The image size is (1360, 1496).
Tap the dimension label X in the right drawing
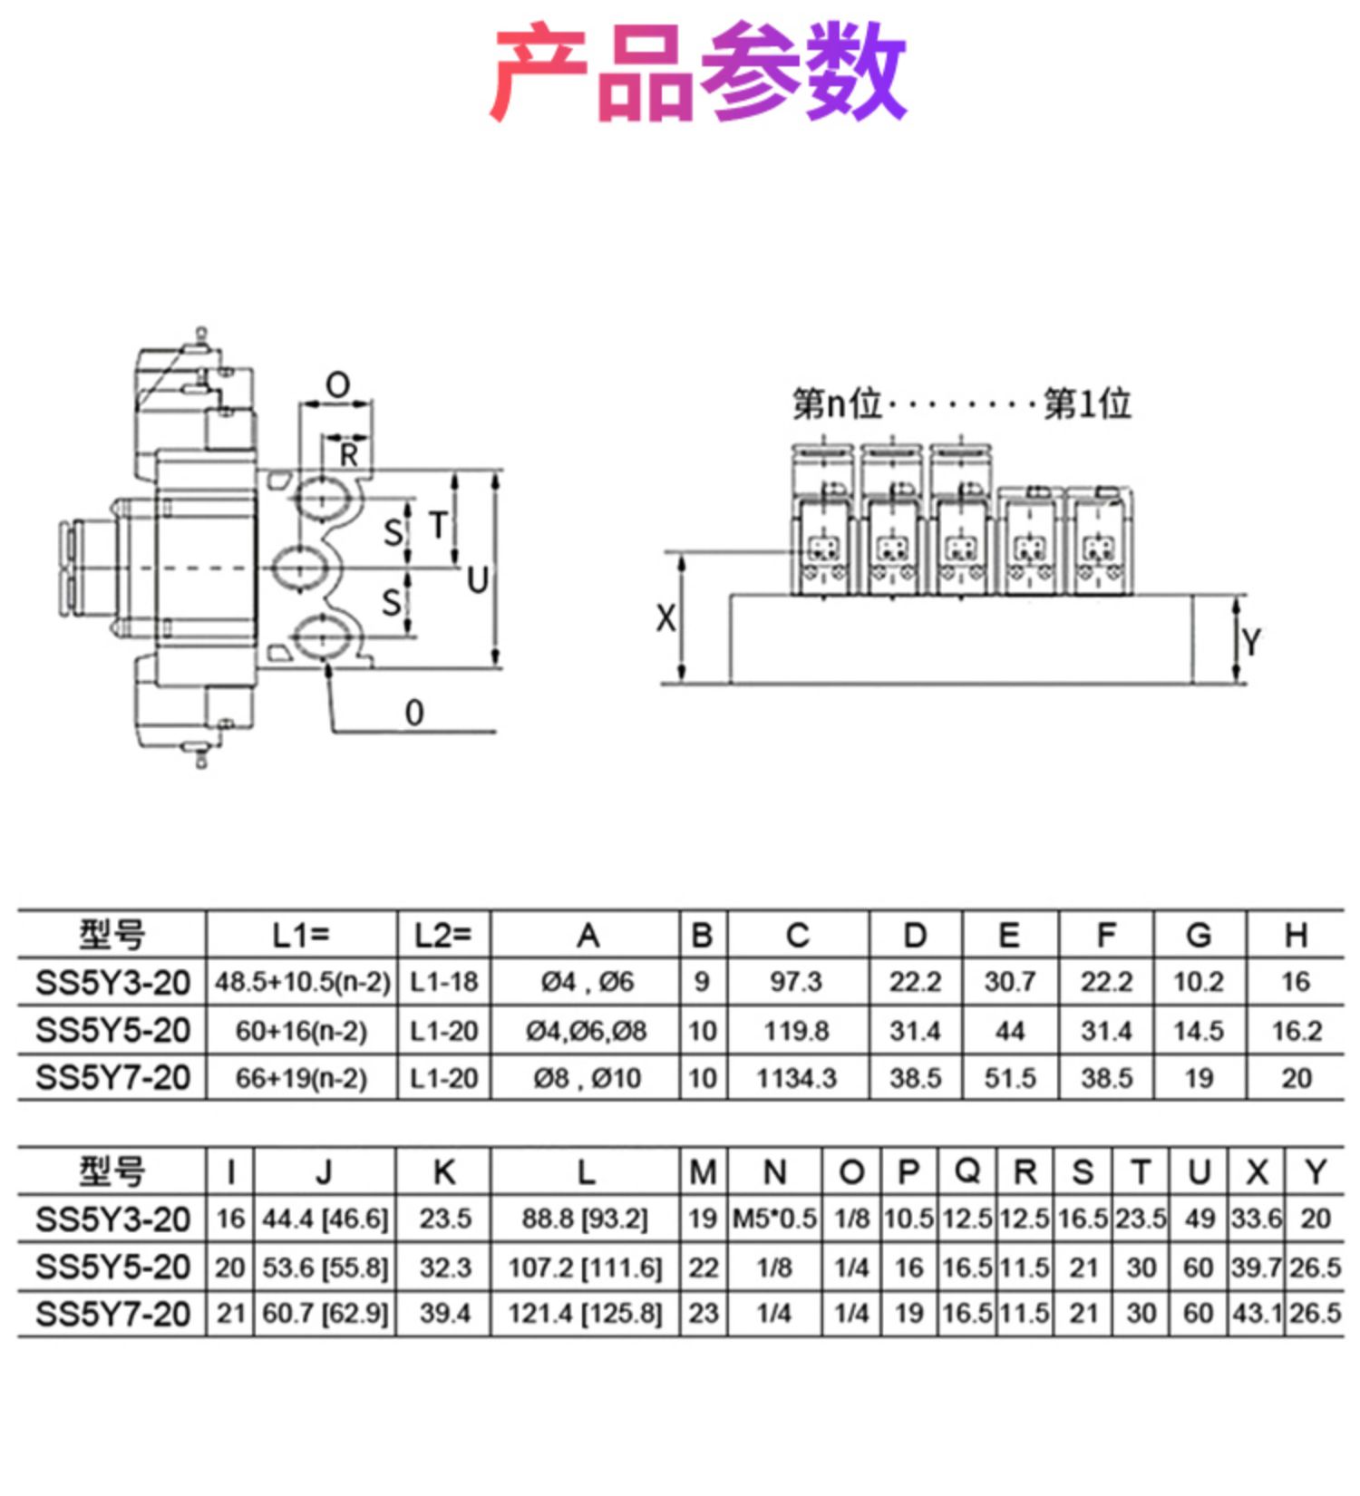665,618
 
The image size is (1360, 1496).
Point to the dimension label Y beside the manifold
1251,642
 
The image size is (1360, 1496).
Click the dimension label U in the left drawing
478,580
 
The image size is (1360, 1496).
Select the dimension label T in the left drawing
438,525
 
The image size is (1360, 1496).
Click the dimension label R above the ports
348,455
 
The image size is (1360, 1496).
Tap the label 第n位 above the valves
837,403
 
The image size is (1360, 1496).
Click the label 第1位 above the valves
1087,403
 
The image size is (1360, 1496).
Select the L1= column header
301,935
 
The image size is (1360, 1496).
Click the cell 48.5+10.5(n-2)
302,982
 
